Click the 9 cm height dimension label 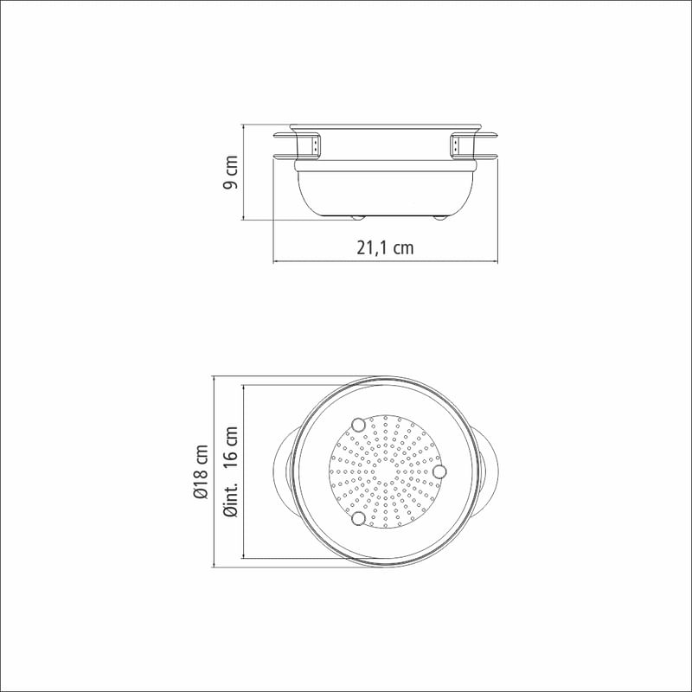tap(230, 171)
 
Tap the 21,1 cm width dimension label tap(385, 247)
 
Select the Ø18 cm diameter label tap(201, 471)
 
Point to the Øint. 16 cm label tap(231, 471)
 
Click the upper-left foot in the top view tap(358, 425)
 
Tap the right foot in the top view tap(439, 471)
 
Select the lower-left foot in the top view tap(358, 518)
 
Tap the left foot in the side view tap(357, 218)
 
